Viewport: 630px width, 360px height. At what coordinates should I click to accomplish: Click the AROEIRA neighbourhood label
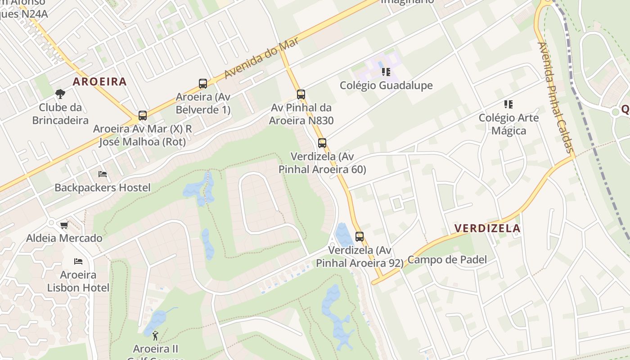tap(99, 81)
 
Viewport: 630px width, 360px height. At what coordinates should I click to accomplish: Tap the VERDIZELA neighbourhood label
tap(487, 228)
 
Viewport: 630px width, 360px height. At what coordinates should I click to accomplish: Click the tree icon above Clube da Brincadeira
tap(60, 94)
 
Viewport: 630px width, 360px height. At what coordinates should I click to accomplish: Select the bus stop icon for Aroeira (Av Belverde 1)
tap(203, 83)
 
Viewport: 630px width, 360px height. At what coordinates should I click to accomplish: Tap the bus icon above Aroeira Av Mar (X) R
tap(143, 116)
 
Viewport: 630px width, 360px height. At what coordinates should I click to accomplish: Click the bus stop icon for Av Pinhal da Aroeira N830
tap(301, 94)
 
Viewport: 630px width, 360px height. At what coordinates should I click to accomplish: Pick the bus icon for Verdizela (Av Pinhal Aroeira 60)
tap(322, 143)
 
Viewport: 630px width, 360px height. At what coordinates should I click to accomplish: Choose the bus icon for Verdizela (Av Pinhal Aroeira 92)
tap(359, 236)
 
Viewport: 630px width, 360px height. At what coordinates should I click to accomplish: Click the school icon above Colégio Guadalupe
tap(386, 72)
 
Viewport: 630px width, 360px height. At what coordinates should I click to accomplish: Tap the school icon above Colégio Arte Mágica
tap(508, 104)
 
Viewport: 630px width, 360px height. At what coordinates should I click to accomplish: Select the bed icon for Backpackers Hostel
tap(103, 174)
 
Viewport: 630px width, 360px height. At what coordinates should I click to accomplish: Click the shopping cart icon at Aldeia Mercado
tap(64, 225)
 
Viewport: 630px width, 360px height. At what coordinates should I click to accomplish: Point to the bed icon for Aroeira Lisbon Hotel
tap(78, 261)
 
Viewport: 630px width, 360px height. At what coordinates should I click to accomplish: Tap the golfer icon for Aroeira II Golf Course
tap(156, 335)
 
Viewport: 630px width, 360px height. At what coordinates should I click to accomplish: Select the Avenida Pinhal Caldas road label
tap(556, 97)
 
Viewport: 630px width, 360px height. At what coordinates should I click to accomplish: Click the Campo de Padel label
tap(447, 260)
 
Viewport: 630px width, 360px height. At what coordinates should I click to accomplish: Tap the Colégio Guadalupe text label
tap(386, 85)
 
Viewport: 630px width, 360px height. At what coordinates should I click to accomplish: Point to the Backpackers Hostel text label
tap(103, 187)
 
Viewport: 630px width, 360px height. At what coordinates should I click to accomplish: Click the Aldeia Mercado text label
tap(64, 238)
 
